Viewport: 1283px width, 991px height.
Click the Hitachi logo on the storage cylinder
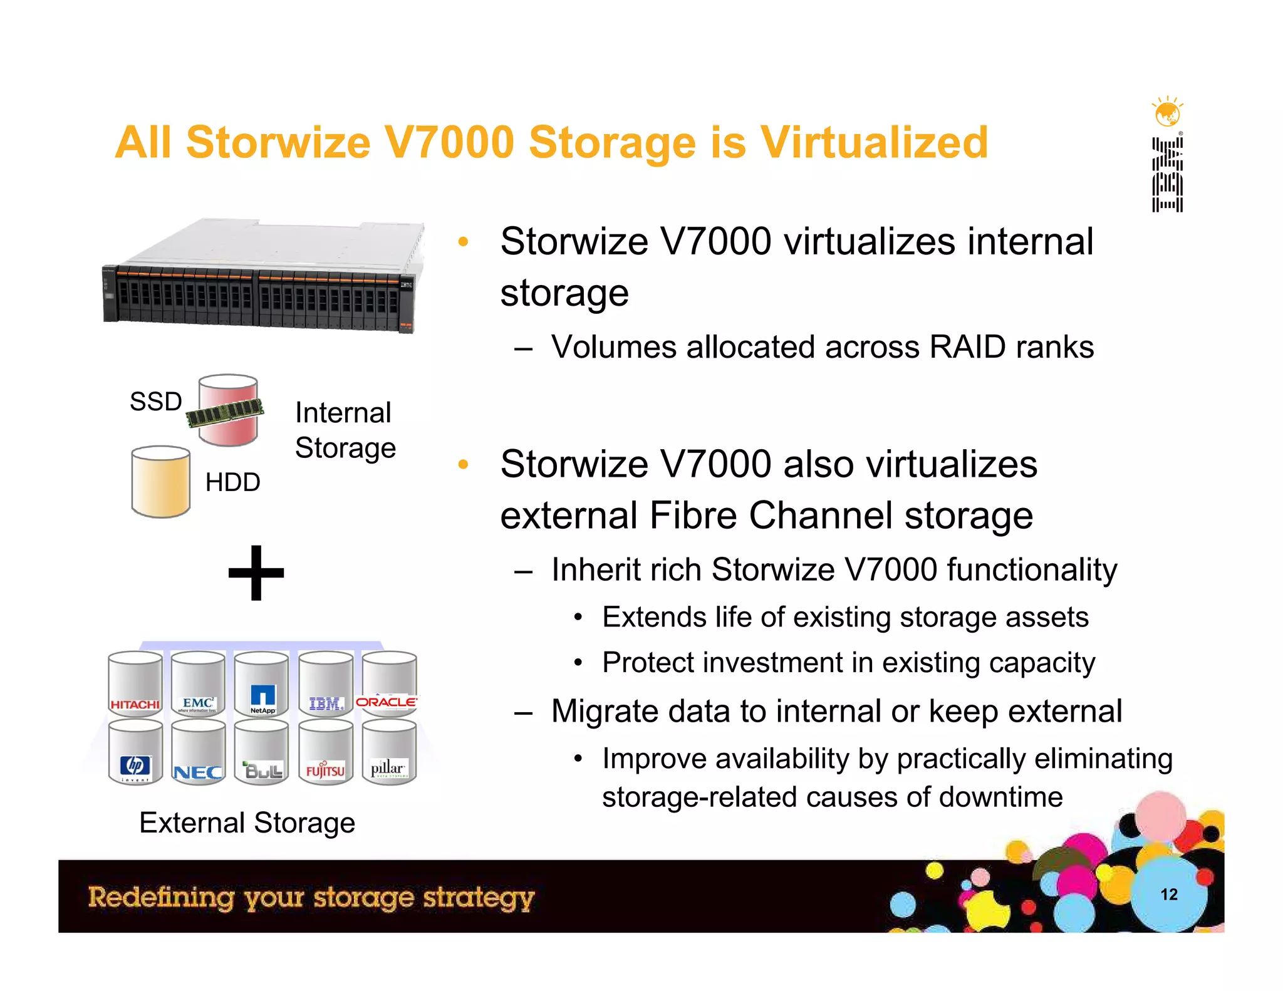point(135,705)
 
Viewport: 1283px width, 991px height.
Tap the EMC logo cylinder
point(198,703)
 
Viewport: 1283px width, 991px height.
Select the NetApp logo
point(262,699)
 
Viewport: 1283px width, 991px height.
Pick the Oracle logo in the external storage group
point(387,702)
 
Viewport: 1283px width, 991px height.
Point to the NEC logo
point(198,772)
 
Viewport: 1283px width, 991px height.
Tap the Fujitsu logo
point(325,770)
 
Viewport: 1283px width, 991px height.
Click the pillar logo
point(388,769)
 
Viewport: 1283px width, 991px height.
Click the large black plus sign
point(256,573)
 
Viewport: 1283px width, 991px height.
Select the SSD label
point(155,402)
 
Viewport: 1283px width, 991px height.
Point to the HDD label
point(232,482)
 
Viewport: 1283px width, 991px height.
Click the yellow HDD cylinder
point(160,482)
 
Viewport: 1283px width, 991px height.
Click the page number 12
point(1168,895)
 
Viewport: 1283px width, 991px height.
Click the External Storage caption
point(247,822)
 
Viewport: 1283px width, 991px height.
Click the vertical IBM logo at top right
point(1167,175)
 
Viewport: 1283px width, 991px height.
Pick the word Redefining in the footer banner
point(160,897)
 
